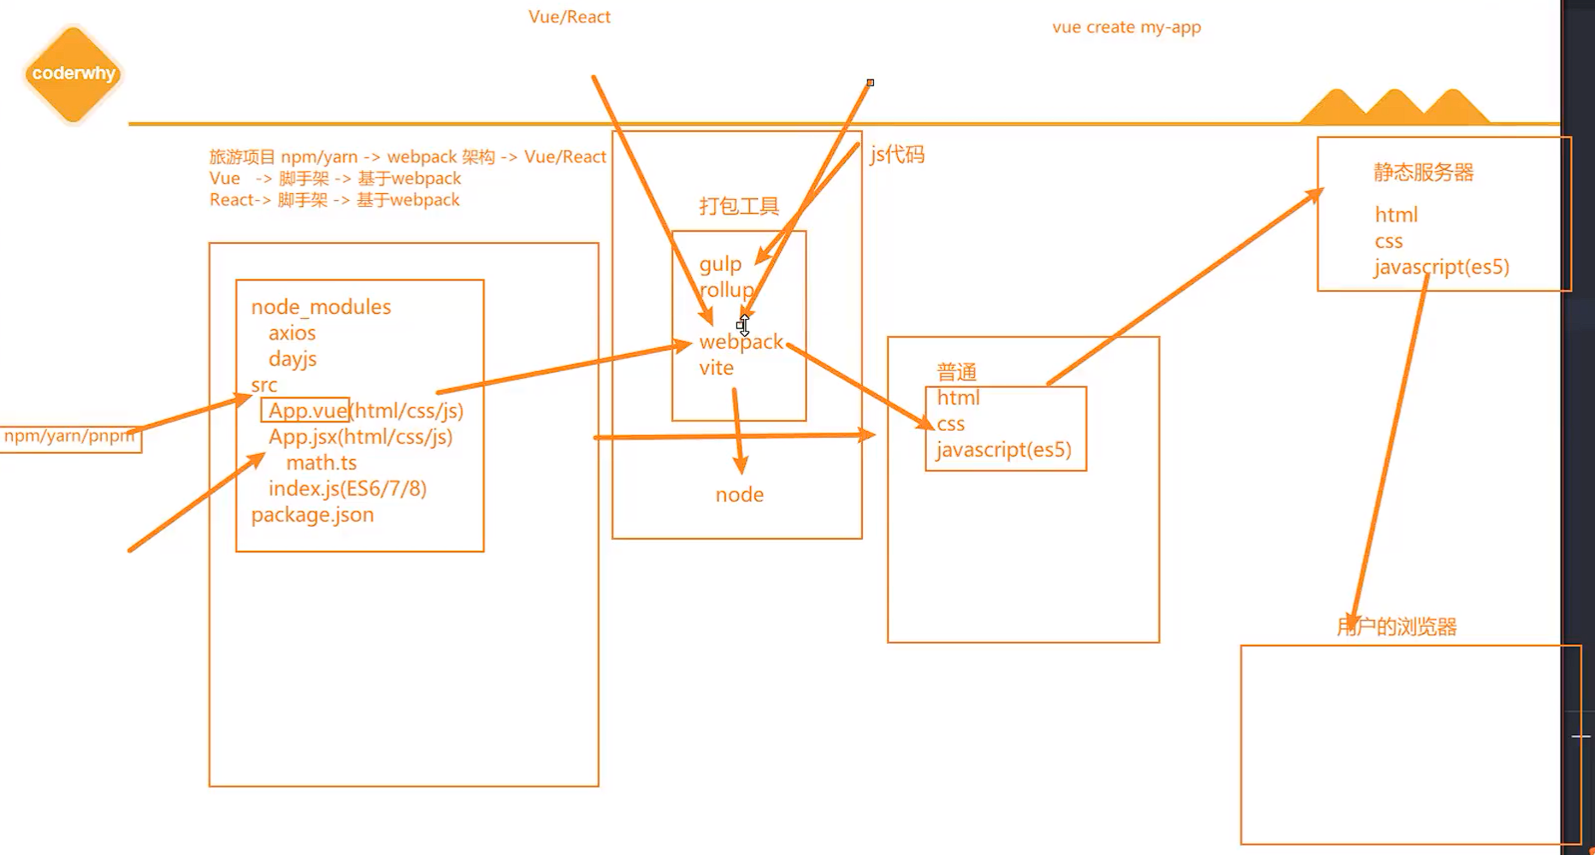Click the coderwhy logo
coord(73,74)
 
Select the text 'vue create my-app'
coord(1126,27)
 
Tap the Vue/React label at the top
coord(570,17)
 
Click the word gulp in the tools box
coord(719,264)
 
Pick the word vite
coord(717,368)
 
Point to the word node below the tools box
coord(740,494)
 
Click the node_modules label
coord(321,307)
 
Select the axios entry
coord(292,333)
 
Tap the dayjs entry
coord(292,358)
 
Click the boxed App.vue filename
coord(306,410)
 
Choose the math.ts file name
coord(321,463)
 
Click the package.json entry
coord(312,515)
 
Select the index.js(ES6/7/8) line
coord(347,488)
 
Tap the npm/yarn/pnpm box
coord(69,437)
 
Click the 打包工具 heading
coord(739,206)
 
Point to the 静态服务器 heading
coord(1424,172)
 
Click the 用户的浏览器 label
coord(1397,627)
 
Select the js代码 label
coord(897,155)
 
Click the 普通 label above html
coord(956,372)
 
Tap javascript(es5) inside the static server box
coord(1442,267)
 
